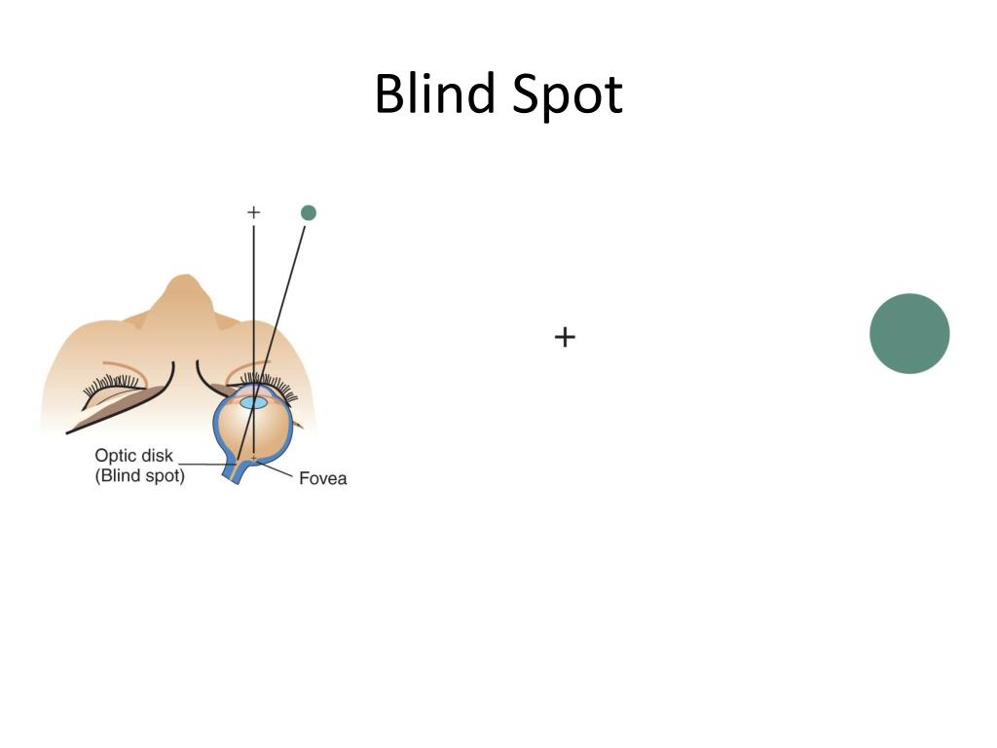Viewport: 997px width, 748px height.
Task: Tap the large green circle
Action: [909, 333]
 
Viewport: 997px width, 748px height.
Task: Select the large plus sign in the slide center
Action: [565, 337]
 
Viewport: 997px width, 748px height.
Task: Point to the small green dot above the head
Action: [309, 212]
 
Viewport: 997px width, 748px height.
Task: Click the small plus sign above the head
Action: [254, 211]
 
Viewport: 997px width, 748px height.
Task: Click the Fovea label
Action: [322, 478]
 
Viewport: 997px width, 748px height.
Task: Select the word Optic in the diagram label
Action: [115, 456]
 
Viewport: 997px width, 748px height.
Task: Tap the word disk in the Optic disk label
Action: [157, 456]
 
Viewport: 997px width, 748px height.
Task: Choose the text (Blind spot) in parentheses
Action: [139, 476]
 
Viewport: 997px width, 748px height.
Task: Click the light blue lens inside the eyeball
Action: [253, 402]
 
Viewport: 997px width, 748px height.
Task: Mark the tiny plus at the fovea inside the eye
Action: [254, 457]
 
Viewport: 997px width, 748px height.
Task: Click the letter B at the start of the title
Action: [388, 94]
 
